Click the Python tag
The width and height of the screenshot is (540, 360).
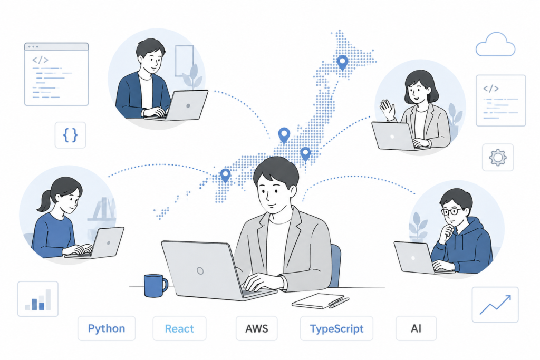tap(107, 328)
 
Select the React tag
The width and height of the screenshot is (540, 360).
tap(179, 328)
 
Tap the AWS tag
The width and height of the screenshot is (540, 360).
tap(257, 328)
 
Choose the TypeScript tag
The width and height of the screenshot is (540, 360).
tap(336, 328)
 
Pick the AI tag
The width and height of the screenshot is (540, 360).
tap(416, 328)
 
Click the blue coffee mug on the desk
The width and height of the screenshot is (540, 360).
tap(156, 285)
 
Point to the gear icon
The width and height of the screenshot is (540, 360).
tap(498, 158)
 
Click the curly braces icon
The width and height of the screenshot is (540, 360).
tap(70, 135)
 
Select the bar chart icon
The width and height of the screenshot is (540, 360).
tap(38, 299)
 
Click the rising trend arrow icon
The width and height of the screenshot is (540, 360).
tap(495, 305)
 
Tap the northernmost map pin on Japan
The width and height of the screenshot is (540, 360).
tap(342, 63)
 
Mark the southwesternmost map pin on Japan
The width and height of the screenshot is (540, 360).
tap(225, 175)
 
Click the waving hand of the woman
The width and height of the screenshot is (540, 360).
tap(387, 110)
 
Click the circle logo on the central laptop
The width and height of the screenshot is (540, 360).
tap(200, 271)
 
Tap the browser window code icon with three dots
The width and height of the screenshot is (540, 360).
tap(56, 74)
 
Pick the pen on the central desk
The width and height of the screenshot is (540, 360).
tap(339, 303)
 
